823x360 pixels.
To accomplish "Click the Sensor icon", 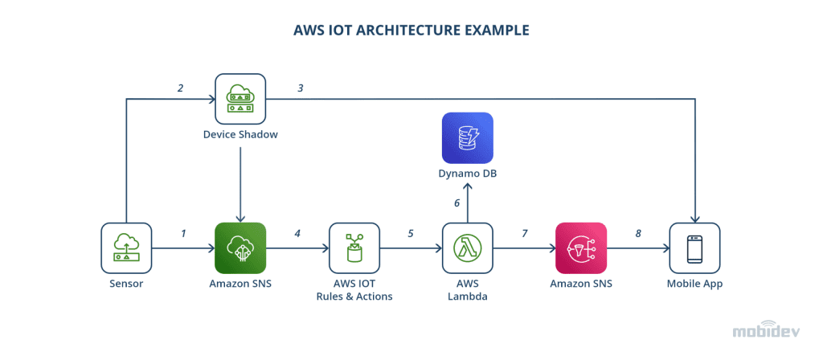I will click(126, 248).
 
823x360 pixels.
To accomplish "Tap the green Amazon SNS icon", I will click(240, 248).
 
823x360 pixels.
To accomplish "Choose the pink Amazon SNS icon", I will click(580, 248).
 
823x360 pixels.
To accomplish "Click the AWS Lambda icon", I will click(468, 248).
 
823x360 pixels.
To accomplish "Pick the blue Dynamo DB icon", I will click(467, 137).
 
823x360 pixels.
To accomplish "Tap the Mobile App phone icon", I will click(694, 248).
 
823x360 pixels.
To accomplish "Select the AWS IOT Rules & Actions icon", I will click(354, 248).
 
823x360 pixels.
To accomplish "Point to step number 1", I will click(183, 234).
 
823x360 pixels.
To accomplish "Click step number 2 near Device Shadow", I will click(180, 88).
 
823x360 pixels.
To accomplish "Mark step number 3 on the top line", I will click(300, 88).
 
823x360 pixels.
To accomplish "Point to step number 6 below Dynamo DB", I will click(457, 203).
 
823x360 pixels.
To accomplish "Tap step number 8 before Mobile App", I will click(638, 234).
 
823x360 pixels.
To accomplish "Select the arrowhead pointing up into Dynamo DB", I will click(468, 188).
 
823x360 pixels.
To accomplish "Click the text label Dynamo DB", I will click(467, 172).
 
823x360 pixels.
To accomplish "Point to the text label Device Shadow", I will click(240, 134).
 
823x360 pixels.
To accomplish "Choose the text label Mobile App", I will click(694, 284).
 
